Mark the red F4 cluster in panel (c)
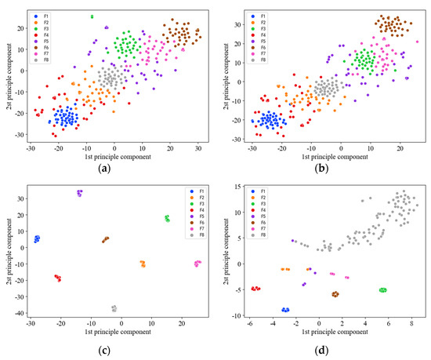[58, 278]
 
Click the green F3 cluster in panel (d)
[382, 290]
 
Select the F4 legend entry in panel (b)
[262, 36]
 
